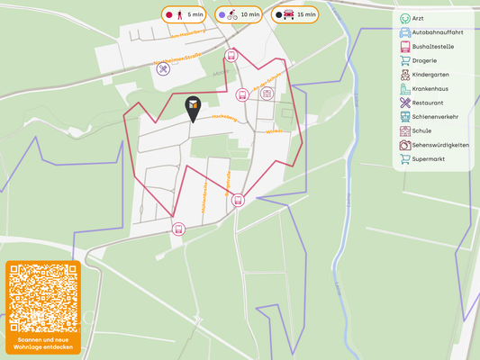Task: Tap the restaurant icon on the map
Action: click(163, 69)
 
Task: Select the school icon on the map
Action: click(267, 94)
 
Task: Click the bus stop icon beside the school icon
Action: click(241, 94)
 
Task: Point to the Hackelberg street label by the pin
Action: click(223, 117)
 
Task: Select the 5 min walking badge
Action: click(185, 14)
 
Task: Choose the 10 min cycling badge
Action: click(239, 14)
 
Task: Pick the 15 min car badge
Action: click(295, 14)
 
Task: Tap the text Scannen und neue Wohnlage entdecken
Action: click(42, 343)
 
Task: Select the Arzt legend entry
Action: click(417, 19)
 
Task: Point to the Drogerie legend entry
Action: click(423, 60)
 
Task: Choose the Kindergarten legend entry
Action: click(429, 75)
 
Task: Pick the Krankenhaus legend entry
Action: click(429, 89)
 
